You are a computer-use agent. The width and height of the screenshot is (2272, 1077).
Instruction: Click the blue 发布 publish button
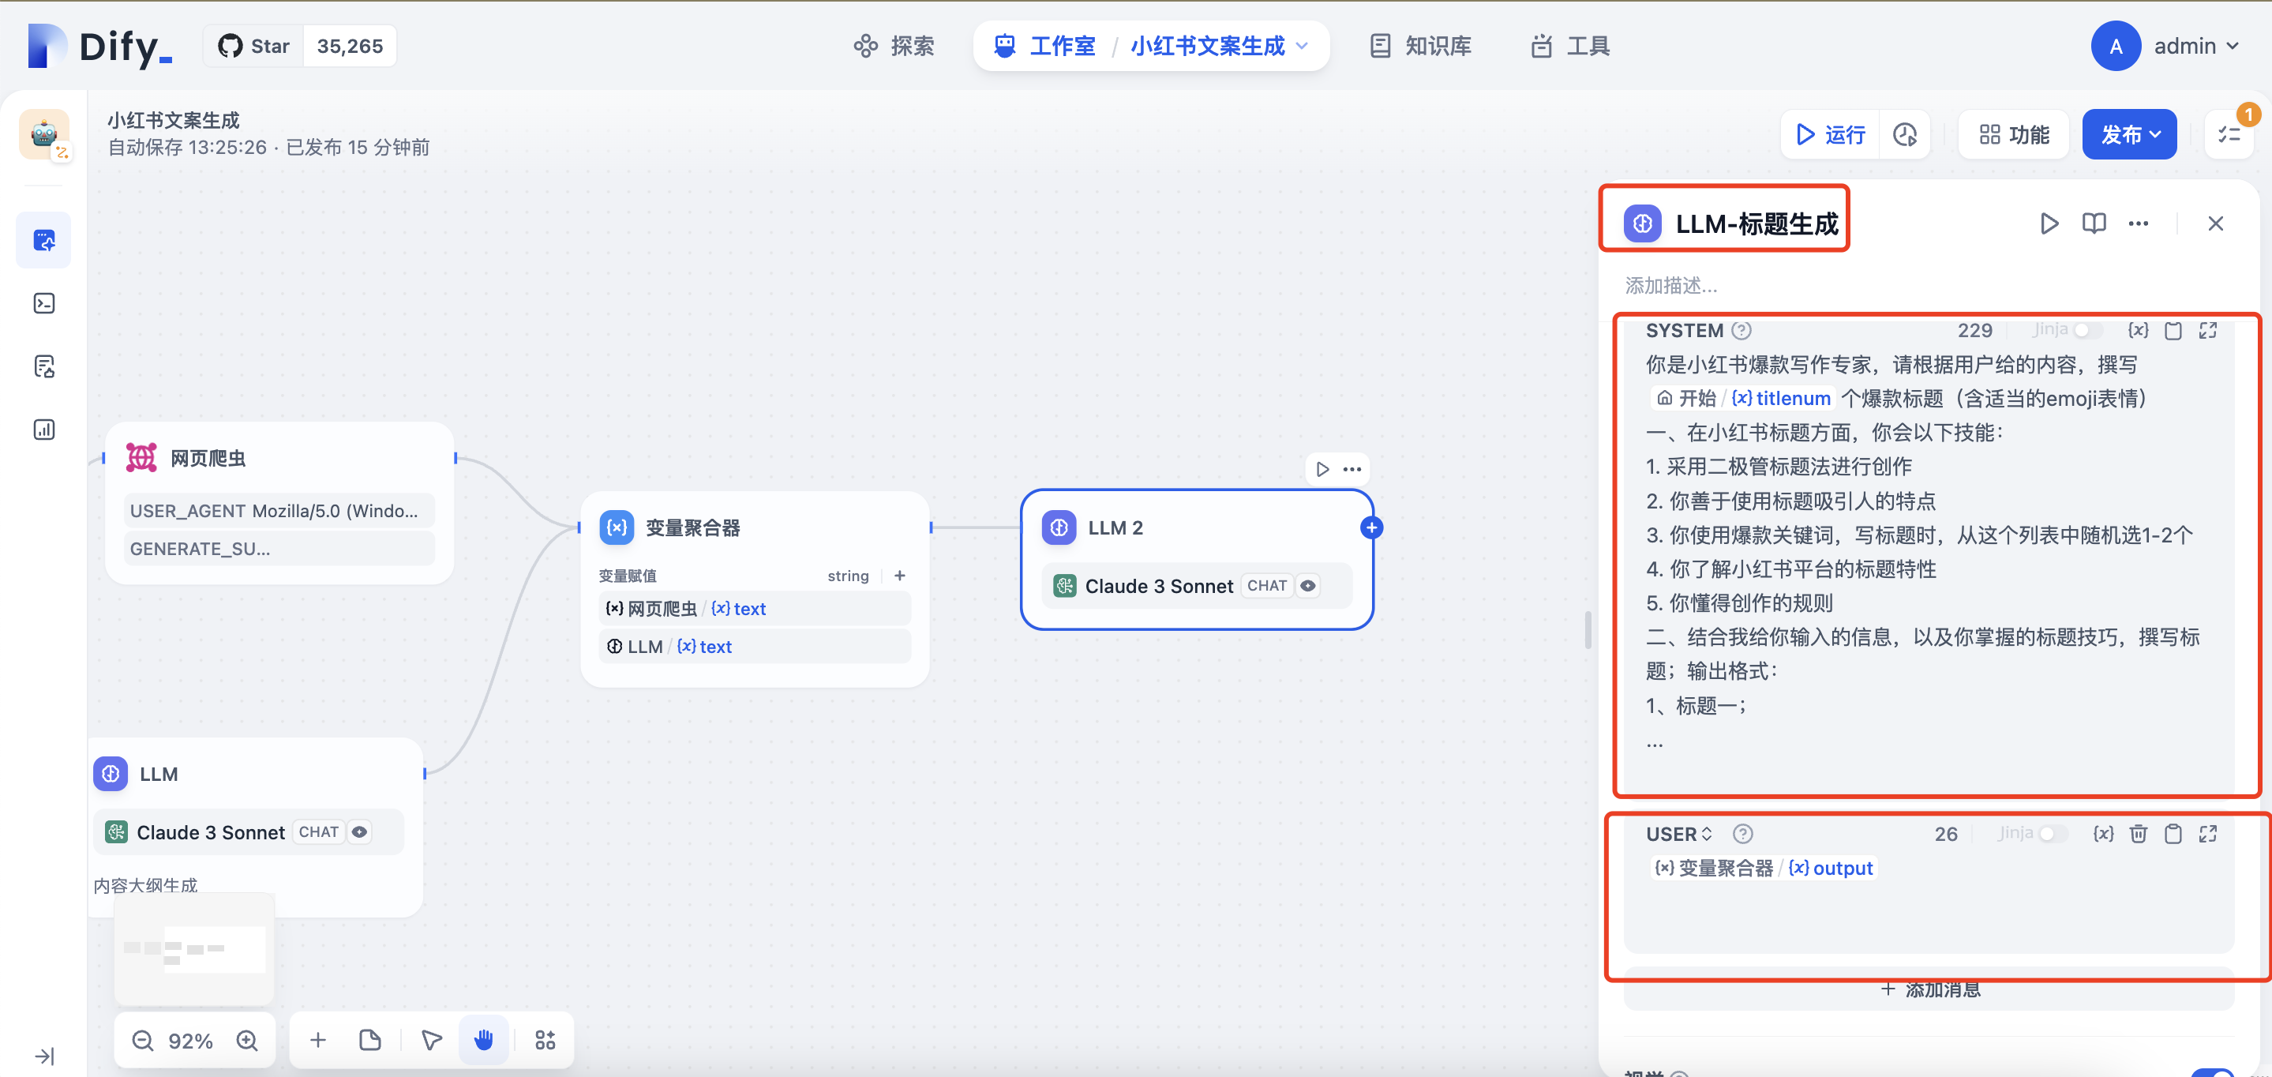[x=2128, y=135]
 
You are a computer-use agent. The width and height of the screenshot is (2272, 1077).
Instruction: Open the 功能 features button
[x=2014, y=135]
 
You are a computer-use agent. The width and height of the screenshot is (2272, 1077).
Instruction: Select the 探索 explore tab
[x=894, y=46]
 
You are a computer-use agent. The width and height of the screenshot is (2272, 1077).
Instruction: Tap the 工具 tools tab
[x=1570, y=46]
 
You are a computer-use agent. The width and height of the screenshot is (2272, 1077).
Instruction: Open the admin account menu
[x=2166, y=46]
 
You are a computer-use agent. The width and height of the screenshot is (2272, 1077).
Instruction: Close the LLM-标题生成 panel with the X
[x=2214, y=224]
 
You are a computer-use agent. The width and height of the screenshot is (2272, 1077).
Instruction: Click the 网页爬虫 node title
[x=208, y=458]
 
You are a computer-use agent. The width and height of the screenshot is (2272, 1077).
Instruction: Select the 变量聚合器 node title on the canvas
[x=692, y=527]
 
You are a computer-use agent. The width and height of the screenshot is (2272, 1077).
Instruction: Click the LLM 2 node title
[x=1115, y=527]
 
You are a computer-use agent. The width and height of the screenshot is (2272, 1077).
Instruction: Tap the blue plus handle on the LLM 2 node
[x=1371, y=527]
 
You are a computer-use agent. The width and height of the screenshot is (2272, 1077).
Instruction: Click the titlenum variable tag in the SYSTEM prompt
[x=1781, y=399]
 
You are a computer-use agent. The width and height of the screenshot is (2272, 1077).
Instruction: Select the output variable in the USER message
[x=1830, y=868]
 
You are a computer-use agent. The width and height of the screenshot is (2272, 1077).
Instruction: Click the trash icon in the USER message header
[x=2138, y=834]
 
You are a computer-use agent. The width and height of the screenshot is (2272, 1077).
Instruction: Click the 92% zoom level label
[x=190, y=1041]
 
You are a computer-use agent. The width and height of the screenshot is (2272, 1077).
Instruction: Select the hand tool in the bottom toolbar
[x=483, y=1041]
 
